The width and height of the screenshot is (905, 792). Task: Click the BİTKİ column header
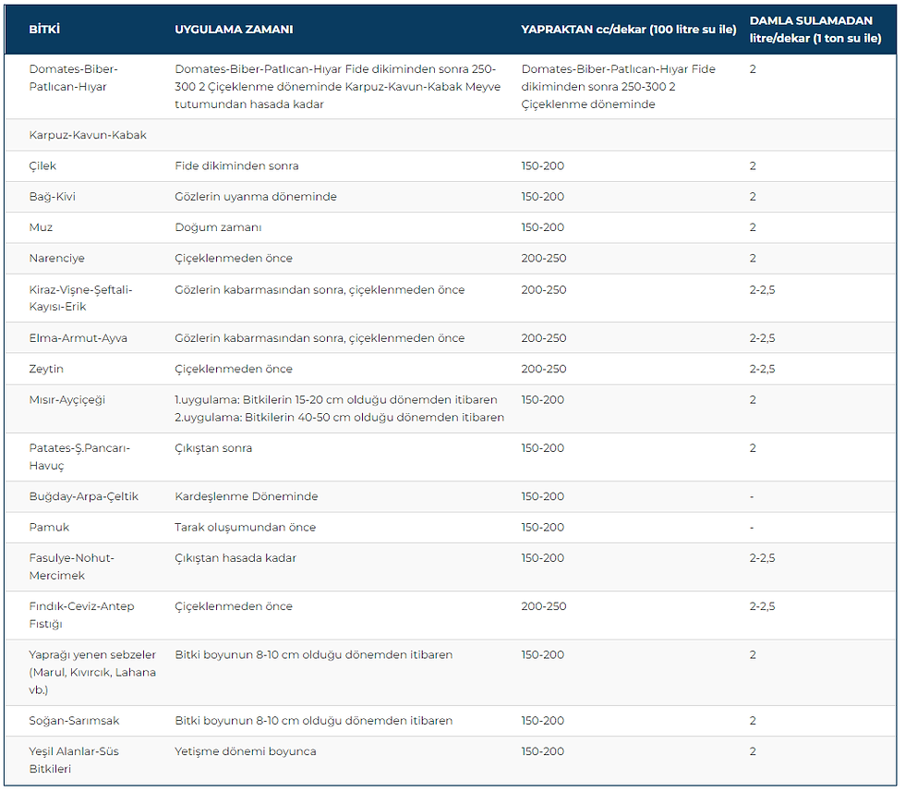(x=44, y=30)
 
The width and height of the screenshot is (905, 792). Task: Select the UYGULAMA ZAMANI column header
(x=234, y=30)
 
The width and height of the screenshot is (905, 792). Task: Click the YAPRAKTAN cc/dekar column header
(x=629, y=30)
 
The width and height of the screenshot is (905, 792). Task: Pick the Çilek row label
(x=42, y=165)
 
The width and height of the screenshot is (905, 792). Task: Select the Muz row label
(x=41, y=227)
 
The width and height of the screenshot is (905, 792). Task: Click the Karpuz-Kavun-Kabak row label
(x=88, y=135)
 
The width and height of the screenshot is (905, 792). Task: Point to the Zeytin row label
(x=46, y=369)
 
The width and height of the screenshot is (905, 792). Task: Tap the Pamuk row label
(x=49, y=527)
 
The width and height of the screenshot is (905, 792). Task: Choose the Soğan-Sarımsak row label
(x=74, y=720)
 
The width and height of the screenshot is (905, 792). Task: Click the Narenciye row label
(x=56, y=258)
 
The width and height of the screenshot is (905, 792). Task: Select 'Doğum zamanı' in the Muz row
(x=218, y=227)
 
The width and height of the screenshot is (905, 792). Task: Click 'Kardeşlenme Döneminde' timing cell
(x=247, y=496)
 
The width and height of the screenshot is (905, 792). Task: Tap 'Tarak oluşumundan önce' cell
(x=246, y=527)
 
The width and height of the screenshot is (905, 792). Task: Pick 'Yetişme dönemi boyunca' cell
(x=246, y=751)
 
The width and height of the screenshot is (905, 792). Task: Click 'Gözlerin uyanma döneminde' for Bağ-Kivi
(x=256, y=197)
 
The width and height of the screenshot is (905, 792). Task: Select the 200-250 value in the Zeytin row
(x=544, y=369)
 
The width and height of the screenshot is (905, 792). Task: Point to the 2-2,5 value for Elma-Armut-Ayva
(x=763, y=338)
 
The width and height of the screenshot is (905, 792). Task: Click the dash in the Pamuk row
(x=752, y=528)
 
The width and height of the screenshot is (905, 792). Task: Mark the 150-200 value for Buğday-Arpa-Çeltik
(x=543, y=496)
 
